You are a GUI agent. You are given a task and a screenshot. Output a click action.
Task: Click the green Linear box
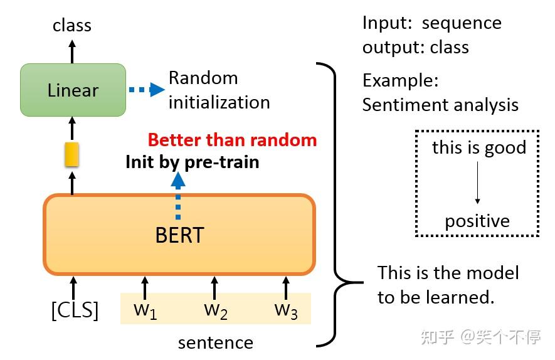click(x=73, y=90)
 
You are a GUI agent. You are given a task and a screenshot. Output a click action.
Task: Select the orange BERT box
click(x=179, y=235)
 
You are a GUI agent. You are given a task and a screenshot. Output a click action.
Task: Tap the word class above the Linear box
click(x=71, y=25)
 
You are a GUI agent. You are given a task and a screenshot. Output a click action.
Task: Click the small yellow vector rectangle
click(x=71, y=154)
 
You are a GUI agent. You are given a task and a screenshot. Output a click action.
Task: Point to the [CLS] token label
click(x=75, y=310)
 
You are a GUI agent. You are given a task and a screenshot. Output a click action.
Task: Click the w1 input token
click(x=145, y=310)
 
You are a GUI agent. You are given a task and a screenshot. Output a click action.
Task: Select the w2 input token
click(x=215, y=310)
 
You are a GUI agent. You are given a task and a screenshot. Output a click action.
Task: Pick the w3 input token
click(x=286, y=310)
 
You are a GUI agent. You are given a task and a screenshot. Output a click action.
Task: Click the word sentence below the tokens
click(x=215, y=343)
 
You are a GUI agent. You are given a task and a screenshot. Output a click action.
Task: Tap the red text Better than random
click(x=232, y=140)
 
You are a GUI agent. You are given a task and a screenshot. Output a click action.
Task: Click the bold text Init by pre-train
click(x=192, y=162)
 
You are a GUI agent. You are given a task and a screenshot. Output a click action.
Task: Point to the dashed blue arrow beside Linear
click(x=145, y=90)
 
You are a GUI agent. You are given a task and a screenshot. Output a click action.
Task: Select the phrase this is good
click(x=478, y=148)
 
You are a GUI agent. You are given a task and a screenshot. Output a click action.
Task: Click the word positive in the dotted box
click(x=477, y=221)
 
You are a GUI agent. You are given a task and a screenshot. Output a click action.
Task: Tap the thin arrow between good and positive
click(x=477, y=184)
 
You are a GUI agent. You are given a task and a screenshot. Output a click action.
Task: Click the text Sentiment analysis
click(x=440, y=104)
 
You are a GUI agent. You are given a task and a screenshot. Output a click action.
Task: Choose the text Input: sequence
click(x=431, y=23)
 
